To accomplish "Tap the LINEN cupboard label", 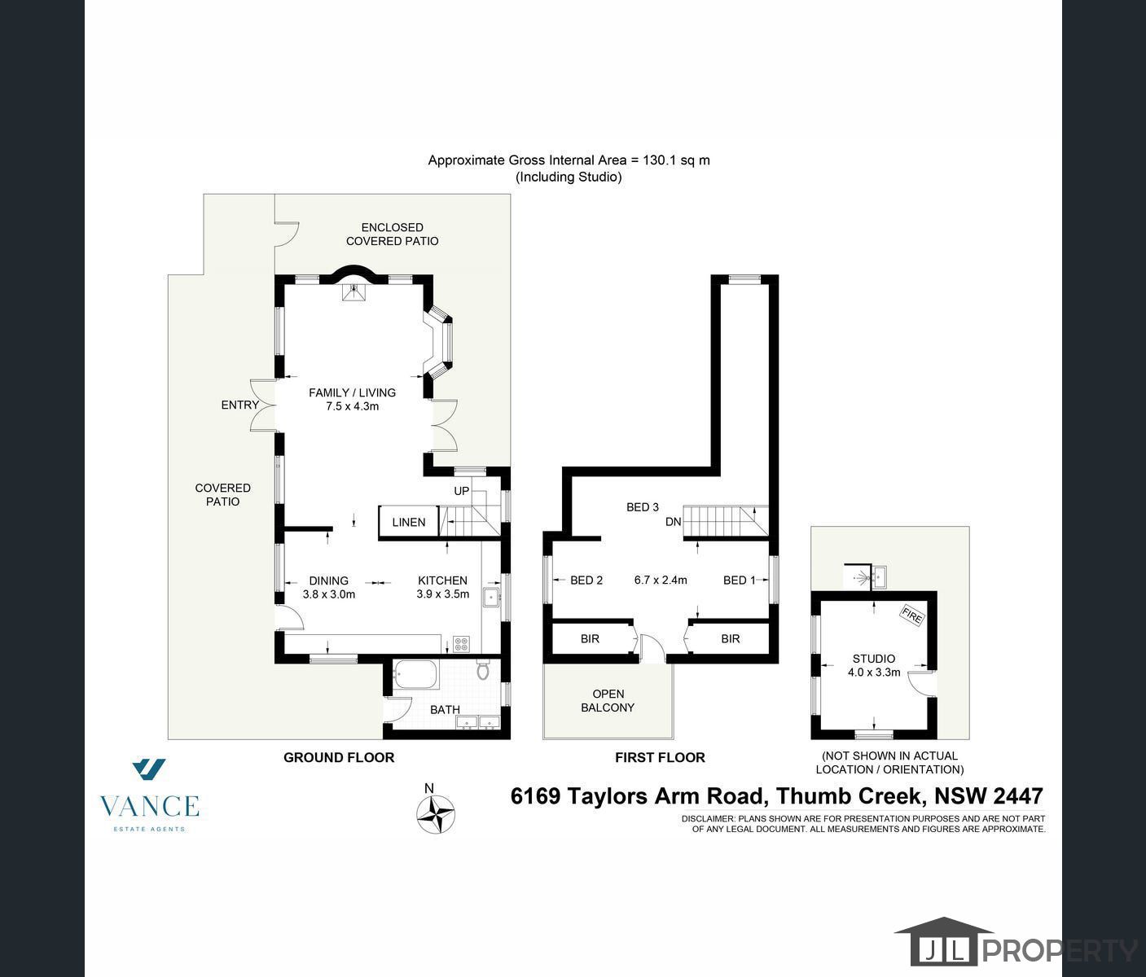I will point(408,522).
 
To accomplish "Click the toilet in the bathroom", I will point(483,670).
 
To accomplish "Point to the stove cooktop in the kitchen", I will point(462,643).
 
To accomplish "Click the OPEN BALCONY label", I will point(608,701).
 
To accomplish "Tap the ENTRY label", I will point(239,405).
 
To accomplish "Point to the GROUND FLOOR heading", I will point(339,757).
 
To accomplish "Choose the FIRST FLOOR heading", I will point(660,757).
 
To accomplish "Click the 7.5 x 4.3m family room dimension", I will point(352,406).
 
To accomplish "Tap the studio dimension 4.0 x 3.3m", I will point(874,673).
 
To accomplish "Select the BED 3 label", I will point(643,507).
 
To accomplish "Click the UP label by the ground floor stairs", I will point(462,491).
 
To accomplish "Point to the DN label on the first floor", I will point(673,522).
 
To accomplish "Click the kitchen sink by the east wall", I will point(491,598).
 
